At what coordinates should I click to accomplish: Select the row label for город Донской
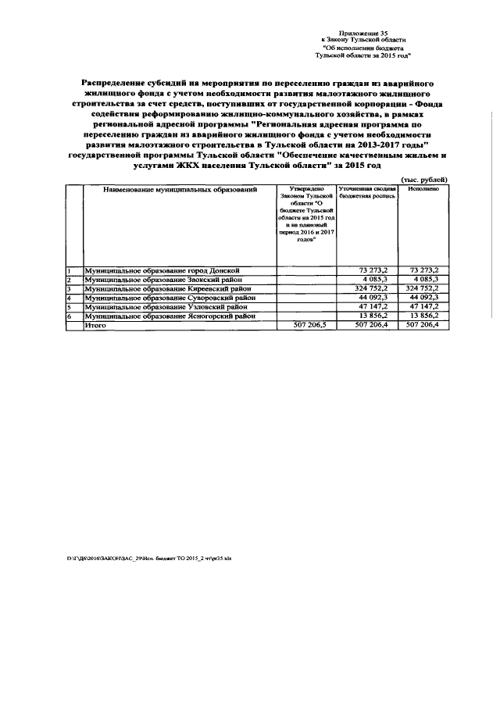(167, 270)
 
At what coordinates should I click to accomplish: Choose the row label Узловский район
(167, 307)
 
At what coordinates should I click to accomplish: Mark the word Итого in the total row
(95, 326)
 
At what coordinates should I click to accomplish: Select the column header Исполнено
(423, 190)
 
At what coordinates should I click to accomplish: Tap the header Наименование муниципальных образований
(180, 190)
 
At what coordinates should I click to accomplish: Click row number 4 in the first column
(70, 298)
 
